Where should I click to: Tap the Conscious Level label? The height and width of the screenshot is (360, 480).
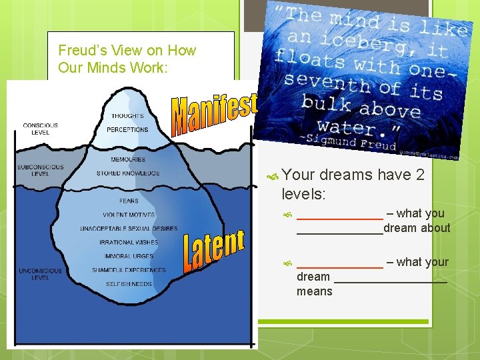[x=40, y=129]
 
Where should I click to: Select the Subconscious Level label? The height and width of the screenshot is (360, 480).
[x=40, y=170]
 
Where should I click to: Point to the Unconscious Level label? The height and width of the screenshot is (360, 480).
[x=40, y=274]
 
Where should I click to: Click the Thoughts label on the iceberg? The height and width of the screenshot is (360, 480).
[x=127, y=116]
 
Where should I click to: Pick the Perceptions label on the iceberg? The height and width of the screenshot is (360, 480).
[x=127, y=129]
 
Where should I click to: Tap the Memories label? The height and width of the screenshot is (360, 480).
[x=129, y=159]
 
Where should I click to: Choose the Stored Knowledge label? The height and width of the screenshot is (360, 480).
[x=127, y=173]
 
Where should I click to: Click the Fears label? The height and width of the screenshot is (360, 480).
[x=129, y=201]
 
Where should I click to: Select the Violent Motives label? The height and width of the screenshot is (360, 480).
[x=129, y=215]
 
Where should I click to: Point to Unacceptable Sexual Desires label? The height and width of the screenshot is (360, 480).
[x=129, y=229]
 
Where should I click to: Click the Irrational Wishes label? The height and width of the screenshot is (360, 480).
[x=129, y=243]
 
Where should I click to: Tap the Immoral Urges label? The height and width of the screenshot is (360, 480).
[x=129, y=256]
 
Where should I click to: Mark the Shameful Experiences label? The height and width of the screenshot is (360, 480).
[x=129, y=270]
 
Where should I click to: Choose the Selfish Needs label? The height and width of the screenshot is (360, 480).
[x=129, y=284]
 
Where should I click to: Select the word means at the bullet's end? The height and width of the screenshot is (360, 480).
[x=314, y=291]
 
